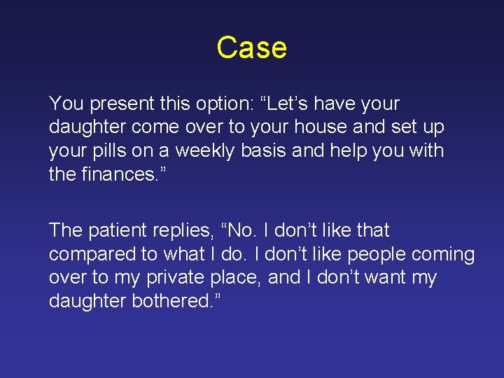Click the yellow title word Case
coord(251,48)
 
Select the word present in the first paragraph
coord(120,104)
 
